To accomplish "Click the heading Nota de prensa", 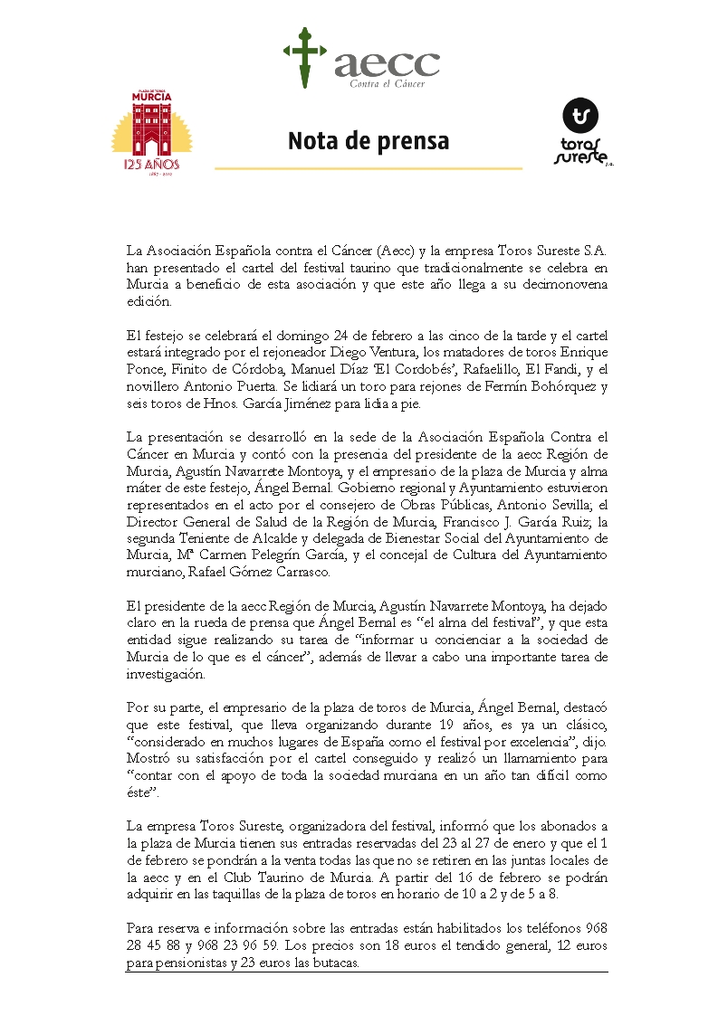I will [x=369, y=142].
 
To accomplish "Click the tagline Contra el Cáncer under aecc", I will [x=388, y=84].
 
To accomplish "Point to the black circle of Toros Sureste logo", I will [x=580, y=117].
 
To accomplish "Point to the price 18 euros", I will [x=429, y=945].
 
